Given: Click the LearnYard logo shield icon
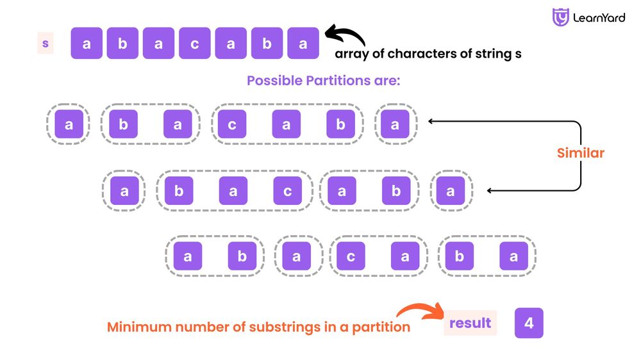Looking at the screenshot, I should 561,17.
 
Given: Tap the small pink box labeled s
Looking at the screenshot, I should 46,44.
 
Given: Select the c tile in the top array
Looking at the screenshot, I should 195,44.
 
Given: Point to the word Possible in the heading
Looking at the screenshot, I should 271,81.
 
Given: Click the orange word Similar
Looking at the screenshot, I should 580,153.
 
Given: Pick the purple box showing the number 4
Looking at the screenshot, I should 529,323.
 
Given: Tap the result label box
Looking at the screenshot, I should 470,323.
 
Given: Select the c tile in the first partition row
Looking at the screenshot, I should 232,125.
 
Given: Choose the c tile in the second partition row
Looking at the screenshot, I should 288,191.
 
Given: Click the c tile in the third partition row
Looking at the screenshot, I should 351,257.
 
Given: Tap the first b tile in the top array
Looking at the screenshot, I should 122,44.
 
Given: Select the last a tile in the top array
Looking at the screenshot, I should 303,44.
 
